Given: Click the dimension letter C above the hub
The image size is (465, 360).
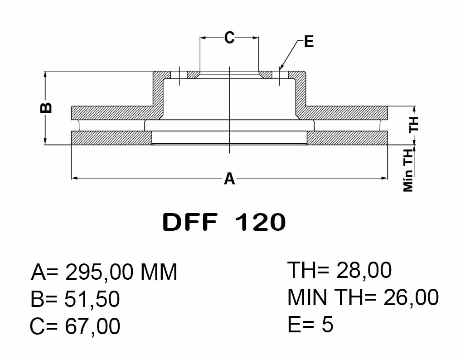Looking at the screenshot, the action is (229, 38).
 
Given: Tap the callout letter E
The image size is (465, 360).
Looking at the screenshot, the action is (309, 42).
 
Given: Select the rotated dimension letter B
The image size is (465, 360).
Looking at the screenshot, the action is (46, 108).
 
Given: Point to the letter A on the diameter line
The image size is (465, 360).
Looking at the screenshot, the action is (229, 179).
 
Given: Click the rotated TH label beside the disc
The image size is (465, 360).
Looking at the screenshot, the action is (414, 124).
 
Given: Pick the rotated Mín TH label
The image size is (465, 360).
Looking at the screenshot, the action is (408, 170).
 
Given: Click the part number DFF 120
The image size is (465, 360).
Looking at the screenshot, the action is (224, 222).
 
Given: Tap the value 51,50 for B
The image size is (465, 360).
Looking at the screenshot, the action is (92, 299).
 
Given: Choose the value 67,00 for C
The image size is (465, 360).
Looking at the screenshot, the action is (92, 326).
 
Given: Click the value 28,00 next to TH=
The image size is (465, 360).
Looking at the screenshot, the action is (363, 270).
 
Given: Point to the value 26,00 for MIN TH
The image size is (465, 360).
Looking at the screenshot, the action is (411, 297).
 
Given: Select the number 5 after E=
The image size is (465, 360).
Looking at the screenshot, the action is (327, 324).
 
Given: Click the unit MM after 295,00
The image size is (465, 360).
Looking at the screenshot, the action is (159, 272).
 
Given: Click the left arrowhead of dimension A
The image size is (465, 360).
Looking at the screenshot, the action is (75, 178).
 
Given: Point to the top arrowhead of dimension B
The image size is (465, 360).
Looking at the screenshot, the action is (45, 74).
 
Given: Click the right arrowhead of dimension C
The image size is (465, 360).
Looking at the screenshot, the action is (255, 38).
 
